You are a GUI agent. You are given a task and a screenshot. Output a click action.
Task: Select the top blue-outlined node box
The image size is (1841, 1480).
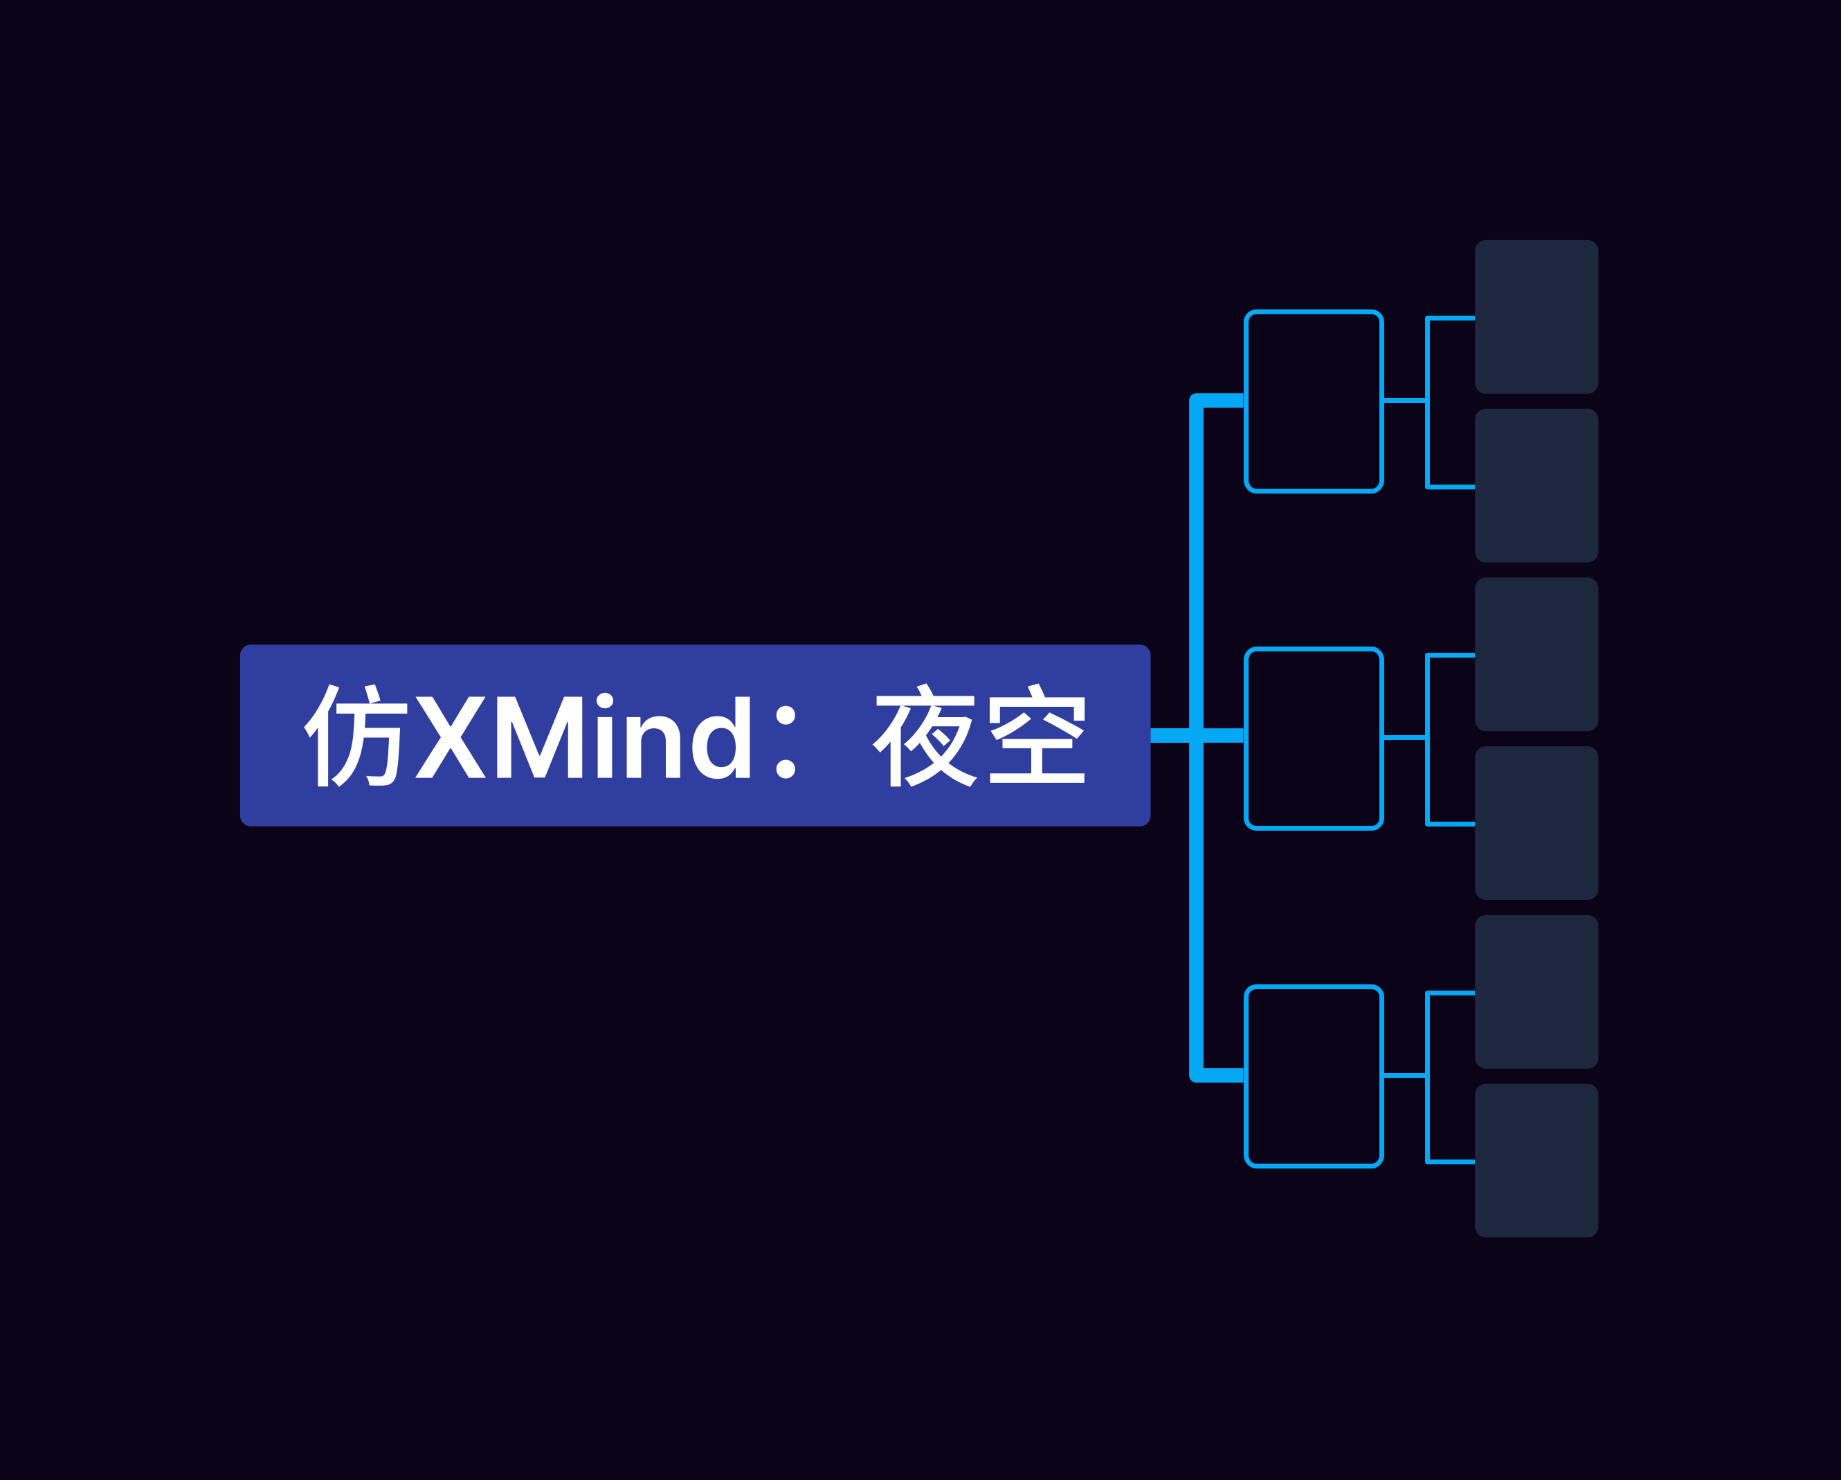coord(1314,401)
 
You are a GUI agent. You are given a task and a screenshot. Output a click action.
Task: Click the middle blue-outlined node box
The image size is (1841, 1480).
coord(1314,739)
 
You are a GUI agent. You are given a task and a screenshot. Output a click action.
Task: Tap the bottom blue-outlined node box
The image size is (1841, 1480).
coord(1314,1076)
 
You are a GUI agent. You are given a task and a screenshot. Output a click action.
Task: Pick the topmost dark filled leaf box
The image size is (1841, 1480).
coord(1536,317)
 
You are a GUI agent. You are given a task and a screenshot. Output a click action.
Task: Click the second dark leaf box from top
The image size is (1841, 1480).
coord(1536,485)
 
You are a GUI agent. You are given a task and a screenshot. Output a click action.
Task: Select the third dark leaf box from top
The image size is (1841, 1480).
coord(1536,654)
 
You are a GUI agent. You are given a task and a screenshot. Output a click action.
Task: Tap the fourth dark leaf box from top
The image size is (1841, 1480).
coord(1536,823)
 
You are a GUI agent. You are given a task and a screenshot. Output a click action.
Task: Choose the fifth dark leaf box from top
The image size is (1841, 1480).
coord(1536,991)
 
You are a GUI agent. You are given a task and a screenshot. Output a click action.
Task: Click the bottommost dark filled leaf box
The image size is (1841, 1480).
coord(1536,1161)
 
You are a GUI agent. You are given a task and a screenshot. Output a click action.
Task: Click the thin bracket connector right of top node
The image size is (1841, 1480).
coord(1427,401)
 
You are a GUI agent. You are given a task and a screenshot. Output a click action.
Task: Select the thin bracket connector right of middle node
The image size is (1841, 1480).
coord(1427,739)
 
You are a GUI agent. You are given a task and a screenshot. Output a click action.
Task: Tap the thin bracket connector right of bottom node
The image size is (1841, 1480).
coord(1427,1076)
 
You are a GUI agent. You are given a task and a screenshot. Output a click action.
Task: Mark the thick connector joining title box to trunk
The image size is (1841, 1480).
coord(1170,736)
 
